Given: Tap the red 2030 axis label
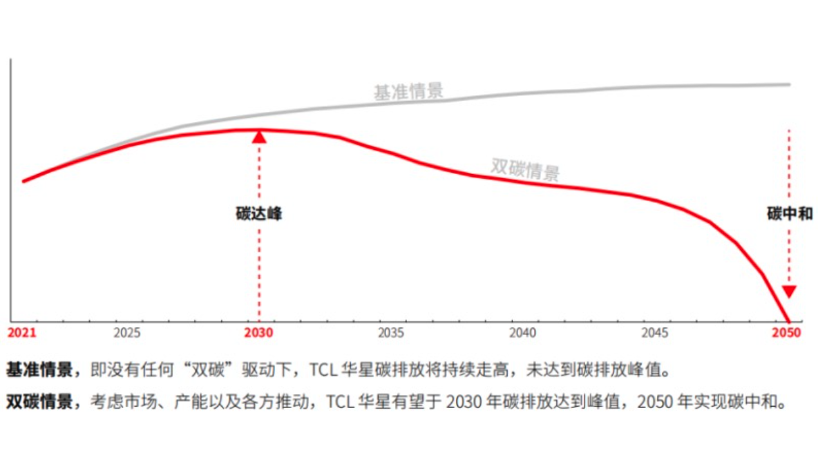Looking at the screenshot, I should pos(258,333).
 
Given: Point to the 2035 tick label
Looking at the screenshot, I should pos(391,333).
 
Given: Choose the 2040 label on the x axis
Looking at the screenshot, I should pos(523,333).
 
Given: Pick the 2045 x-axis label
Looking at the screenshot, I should pos(655,333).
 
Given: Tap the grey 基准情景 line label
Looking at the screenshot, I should pos(408,92).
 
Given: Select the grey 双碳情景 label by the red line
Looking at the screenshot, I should pos(525,168).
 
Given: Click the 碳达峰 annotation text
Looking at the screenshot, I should pos(259,214).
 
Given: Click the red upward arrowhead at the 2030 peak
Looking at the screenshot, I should pos(259,137).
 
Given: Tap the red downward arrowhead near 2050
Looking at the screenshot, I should pos(789,291).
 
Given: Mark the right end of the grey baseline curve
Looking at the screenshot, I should pos(790,85).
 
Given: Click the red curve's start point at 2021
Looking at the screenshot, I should pos(23,182).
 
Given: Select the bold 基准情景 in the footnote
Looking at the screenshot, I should pos(39,370).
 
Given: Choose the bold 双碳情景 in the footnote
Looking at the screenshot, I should pos(39,402).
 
